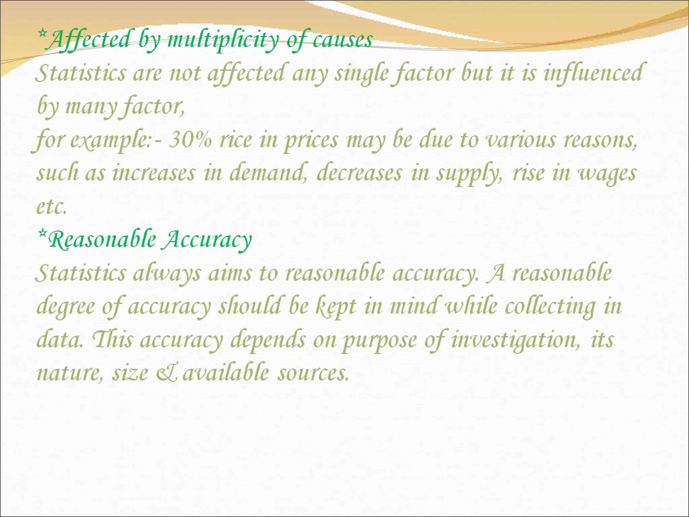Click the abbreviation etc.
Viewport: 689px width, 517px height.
click(51, 207)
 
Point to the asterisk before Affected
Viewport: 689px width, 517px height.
click(42, 33)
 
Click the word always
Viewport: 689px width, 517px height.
click(167, 273)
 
